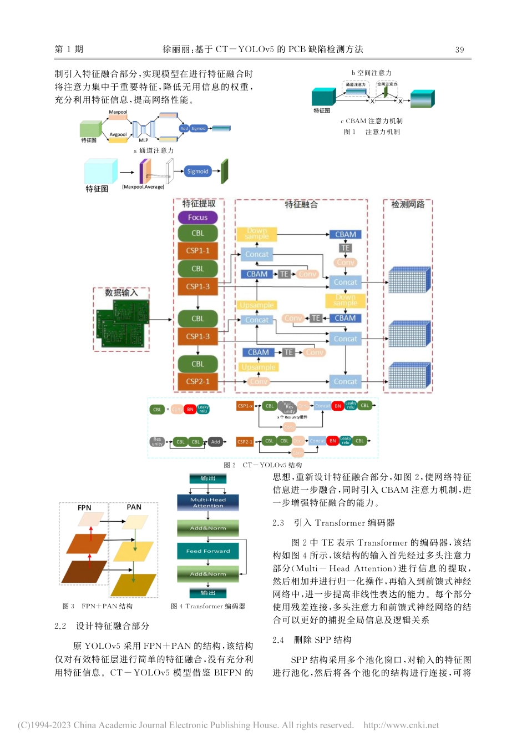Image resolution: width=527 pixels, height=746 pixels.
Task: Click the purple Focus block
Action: point(197,218)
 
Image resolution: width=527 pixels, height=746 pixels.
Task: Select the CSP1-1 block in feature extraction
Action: point(197,251)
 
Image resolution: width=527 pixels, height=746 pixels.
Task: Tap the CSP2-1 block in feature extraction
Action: point(197,382)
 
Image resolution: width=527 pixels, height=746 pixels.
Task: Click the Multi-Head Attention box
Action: point(208,502)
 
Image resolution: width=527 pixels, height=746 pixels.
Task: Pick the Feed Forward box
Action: point(208,551)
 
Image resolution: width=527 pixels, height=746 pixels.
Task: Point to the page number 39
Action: point(459,49)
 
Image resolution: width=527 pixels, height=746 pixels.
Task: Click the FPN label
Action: point(84,508)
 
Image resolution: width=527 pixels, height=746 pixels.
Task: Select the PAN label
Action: point(134,507)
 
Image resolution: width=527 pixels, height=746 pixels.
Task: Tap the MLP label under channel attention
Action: point(144,140)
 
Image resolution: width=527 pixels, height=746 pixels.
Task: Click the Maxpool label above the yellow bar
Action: point(118,112)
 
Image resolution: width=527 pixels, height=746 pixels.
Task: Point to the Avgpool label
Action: point(118,134)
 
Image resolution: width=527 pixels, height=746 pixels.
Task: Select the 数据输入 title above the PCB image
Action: point(121,293)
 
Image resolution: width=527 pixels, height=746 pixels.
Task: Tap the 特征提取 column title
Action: point(199,204)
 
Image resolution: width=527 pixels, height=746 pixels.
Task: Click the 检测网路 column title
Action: point(408,204)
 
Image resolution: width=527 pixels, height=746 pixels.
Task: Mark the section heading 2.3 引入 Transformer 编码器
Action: point(333,523)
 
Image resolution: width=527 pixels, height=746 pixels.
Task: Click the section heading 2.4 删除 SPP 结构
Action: point(312,640)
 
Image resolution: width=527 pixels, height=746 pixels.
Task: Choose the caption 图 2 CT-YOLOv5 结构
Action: point(263,465)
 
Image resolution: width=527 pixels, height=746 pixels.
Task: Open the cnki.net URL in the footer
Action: point(401,725)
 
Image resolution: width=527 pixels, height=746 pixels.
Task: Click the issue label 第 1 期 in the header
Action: point(69,49)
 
